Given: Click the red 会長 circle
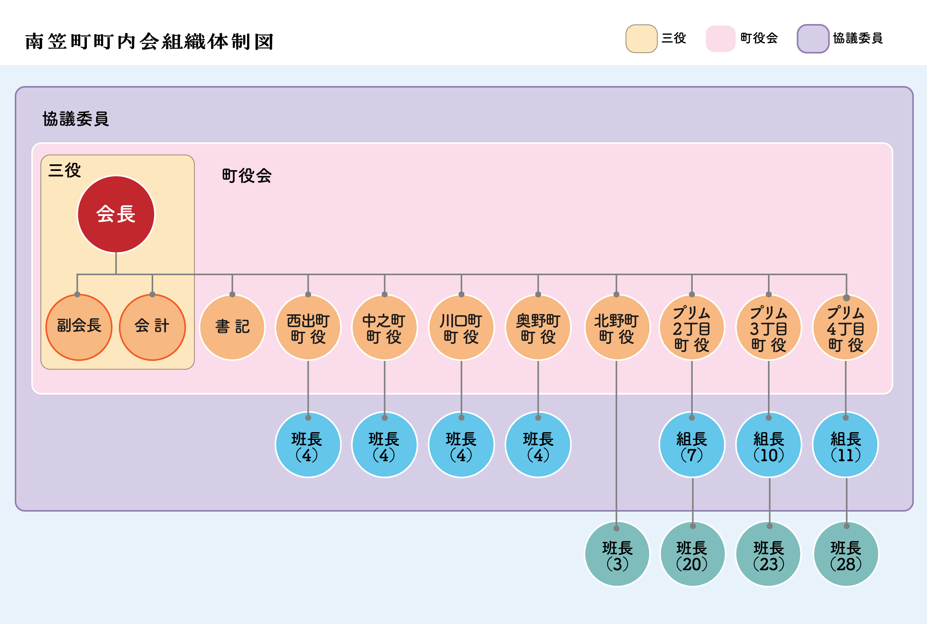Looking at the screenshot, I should pyautogui.click(x=116, y=214).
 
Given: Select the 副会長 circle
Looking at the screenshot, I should pyautogui.click(x=79, y=327).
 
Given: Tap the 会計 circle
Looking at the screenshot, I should pyautogui.click(x=152, y=327).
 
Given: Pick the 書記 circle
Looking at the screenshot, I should pyautogui.click(x=232, y=327).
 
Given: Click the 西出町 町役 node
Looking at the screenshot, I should pyautogui.click(x=308, y=328).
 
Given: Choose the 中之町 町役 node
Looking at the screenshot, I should pyautogui.click(x=384, y=328).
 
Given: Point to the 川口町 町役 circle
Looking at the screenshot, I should pyautogui.click(x=461, y=328).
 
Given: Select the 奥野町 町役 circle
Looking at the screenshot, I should pyautogui.click(x=538, y=328).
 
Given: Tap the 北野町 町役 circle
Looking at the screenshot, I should pyautogui.click(x=616, y=328).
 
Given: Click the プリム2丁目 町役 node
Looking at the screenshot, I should pyautogui.click(x=692, y=328).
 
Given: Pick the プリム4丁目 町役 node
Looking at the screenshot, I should pyautogui.click(x=846, y=328).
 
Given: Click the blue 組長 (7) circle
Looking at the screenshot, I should pyautogui.click(x=692, y=445).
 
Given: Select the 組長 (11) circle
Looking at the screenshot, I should pyautogui.click(x=846, y=445).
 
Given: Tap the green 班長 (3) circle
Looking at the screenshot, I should pyautogui.click(x=617, y=553).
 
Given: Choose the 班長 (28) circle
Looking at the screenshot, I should pyautogui.click(x=846, y=553).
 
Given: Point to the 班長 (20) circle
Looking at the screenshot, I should pyautogui.click(x=692, y=553).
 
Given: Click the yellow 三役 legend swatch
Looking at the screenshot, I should pyautogui.click(x=641, y=39).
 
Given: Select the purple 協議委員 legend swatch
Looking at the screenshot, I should pyautogui.click(x=813, y=39).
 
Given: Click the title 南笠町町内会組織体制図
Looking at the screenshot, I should pyautogui.click(x=149, y=42).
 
